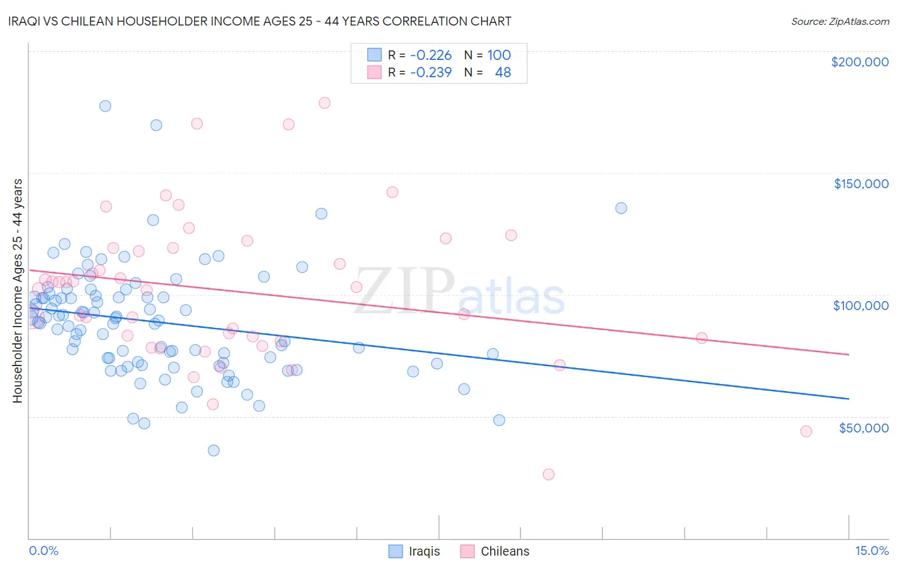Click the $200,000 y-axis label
pyautogui.click(x=859, y=62)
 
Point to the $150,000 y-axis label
pyautogui.click(x=861, y=184)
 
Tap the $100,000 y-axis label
pyautogui.click(x=861, y=306)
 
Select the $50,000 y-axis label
pyautogui.click(x=863, y=427)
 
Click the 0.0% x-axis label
pyautogui.click(x=43, y=551)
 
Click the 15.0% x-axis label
pyautogui.click(x=871, y=551)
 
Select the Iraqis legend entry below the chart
pyautogui.click(x=415, y=551)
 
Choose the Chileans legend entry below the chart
pyautogui.click(x=495, y=551)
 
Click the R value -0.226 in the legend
pyautogui.click(x=431, y=55)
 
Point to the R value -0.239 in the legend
pyautogui.click(x=431, y=72)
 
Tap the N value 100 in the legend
pyautogui.click(x=499, y=55)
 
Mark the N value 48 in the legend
pyautogui.click(x=503, y=72)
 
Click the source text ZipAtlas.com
pyautogui.click(x=840, y=21)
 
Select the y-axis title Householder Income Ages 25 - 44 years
pyautogui.click(x=17, y=290)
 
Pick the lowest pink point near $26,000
pyautogui.click(x=549, y=474)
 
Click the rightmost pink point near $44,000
pyautogui.click(x=806, y=431)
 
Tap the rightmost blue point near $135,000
pyautogui.click(x=621, y=208)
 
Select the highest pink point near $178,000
pyautogui.click(x=324, y=103)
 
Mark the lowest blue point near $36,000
pyautogui.click(x=214, y=450)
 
